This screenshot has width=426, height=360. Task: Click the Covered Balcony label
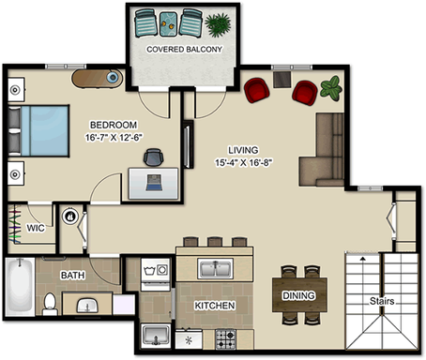[184, 50]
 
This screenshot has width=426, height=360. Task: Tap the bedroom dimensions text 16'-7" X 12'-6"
[114, 137]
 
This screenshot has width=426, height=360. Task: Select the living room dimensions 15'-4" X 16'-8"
[243, 162]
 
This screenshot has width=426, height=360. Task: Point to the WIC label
[36, 228]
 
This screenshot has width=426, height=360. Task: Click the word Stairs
[382, 301]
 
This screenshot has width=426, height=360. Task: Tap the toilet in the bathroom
[50, 304]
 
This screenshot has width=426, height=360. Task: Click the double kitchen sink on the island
[216, 268]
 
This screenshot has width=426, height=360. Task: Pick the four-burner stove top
[225, 339]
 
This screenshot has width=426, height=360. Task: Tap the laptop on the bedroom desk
[154, 183]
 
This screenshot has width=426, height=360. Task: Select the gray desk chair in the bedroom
[154, 157]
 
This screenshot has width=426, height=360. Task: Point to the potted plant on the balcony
[218, 24]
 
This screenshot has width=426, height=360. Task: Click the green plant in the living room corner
[331, 88]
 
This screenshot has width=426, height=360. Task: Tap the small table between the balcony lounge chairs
[169, 23]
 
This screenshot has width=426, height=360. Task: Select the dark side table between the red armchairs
[282, 80]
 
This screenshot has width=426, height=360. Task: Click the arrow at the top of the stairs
[363, 259]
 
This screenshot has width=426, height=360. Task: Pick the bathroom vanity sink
[87, 305]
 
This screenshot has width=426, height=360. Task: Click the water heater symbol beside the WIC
[69, 217]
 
